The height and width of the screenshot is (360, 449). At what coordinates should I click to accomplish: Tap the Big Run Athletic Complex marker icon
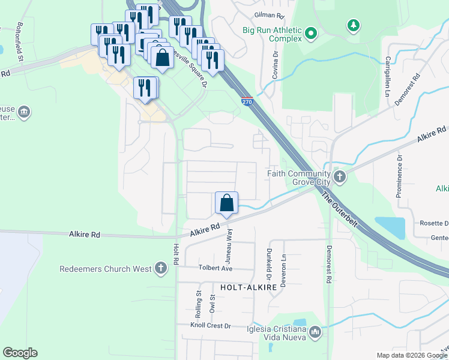[x=310, y=34]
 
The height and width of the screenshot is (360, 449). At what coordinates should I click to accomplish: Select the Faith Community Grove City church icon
[x=340, y=176]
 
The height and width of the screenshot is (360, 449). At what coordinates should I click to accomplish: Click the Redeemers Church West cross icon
[x=160, y=268]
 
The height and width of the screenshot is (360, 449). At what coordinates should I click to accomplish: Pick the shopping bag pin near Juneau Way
[x=227, y=203]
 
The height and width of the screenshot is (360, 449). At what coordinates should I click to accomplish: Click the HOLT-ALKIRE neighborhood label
[x=248, y=287]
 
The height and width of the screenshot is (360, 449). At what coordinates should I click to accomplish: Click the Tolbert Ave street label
[x=215, y=269]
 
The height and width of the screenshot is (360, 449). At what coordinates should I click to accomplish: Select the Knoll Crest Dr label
[x=211, y=325]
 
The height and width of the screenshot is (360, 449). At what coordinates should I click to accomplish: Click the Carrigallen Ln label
[x=388, y=76]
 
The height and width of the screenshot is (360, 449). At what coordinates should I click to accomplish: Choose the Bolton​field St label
[x=20, y=42]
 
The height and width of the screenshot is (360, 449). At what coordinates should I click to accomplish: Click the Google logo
[x=20, y=353]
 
